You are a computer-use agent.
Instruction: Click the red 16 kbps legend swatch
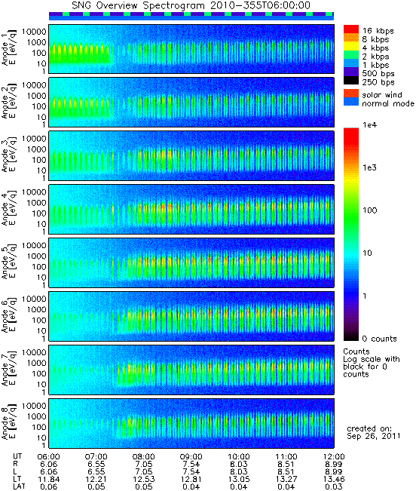(x=351, y=29)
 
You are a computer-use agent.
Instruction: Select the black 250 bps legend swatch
(x=351, y=81)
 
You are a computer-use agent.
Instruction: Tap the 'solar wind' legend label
(x=382, y=95)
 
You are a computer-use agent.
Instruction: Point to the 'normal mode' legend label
(x=388, y=103)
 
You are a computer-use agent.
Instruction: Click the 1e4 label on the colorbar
(x=369, y=125)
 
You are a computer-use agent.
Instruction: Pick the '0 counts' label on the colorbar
(x=379, y=339)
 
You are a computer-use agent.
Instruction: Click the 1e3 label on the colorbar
(x=369, y=168)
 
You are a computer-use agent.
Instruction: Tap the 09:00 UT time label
(x=191, y=457)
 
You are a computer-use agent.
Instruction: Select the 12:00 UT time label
(x=334, y=457)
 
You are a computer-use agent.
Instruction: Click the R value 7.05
(x=144, y=465)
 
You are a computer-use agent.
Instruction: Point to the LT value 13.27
(x=286, y=480)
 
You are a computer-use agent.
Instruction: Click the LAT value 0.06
(x=48, y=486)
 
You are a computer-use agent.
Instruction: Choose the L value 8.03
(x=239, y=472)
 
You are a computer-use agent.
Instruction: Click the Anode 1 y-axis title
(x=9, y=49)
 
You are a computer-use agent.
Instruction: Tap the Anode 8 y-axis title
(x=9, y=423)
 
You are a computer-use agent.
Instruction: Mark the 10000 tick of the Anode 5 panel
(x=34, y=246)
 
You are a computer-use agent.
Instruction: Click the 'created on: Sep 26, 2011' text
(x=373, y=432)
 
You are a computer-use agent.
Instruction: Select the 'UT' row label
(x=17, y=456)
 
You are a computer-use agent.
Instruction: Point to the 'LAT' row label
(x=19, y=486)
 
